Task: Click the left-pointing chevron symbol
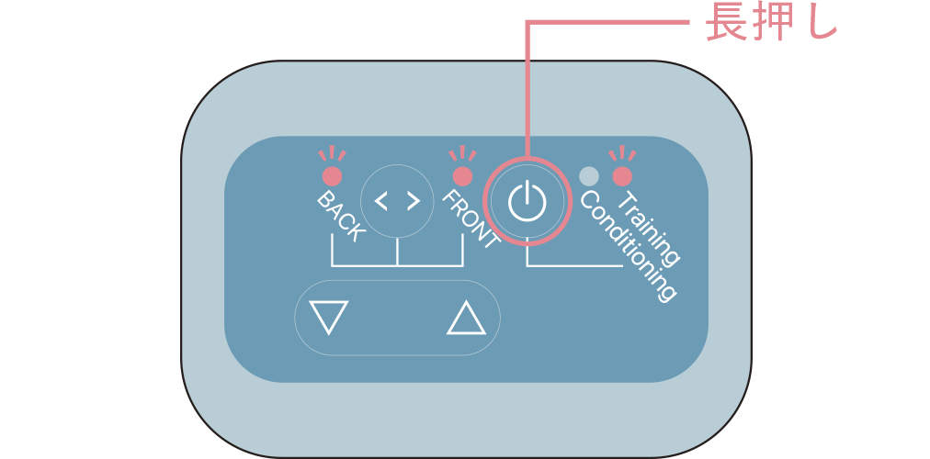(x=381, y=201)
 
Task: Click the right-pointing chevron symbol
(x=414, y=201)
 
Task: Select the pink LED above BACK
(x=332, y=176)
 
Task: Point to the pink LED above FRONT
(x=462, y=176)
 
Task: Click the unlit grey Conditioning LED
(x=588, y=176)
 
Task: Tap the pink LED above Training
(x=622, y=176)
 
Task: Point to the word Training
(x=649, y=229)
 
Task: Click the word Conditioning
(x=627, y=246)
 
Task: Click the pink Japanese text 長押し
(x=770, y=24)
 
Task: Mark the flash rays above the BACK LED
(x=332, y=153)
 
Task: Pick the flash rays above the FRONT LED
(x=462, y=153)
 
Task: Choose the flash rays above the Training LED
(x=622, y=153)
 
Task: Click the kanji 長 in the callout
(x=725, y=24)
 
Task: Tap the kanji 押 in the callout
(x=770, y=24)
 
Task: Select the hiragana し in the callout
(x=817, y=24)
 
